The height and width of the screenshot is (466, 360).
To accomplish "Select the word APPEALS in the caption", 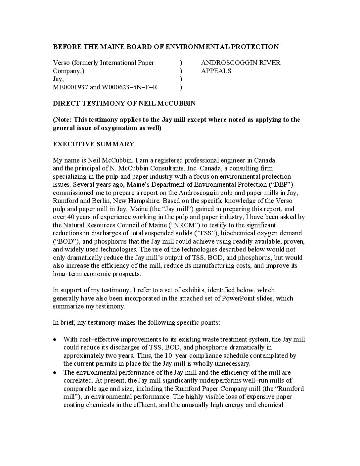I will point(216,71).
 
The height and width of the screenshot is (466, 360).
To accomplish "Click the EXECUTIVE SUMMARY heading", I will point(94,144).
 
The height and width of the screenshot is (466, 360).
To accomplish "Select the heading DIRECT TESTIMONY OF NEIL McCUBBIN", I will point(124,103).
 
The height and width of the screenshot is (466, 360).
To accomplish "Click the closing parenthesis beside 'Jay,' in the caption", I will point(181,79).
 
